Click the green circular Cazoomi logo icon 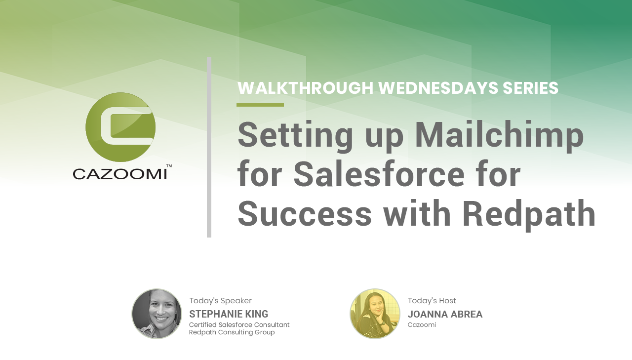pyautogui.click(x=120, y=127)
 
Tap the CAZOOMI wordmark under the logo pyautogui.click(x=120, y=174)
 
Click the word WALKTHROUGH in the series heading pyautogui.click(x=306, y=88)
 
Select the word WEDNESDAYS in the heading pyautogui.click(x=438, y=88)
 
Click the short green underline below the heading pyautogui.click(x=260, y=105)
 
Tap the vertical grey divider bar pyautogui.click(x=209, y=147)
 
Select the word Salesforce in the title pyautogui.click(x=379, y=173)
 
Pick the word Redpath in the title pyautogui.click(x=529, y=213)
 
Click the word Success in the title pyautogui.click(x=305, y=213)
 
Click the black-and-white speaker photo pyautogui.click(x=157, y=314)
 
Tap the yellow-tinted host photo pyautogui.click(x=375, y=314)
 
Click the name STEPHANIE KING pyautogui.click(x=229, y=314)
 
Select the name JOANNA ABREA pyautogui.click(x=445, y=314)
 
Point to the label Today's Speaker pyautogui.click(x=220, y=301)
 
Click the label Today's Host pyautogui.click(x=432, y=301)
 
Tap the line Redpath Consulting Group pyautogui.click(x=232, y=332)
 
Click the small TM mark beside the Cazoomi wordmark pyautogui.click(x=169, y=166)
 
